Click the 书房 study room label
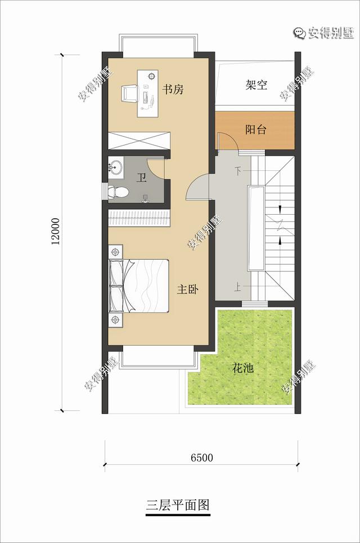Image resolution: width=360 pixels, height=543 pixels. [x=173, y=90]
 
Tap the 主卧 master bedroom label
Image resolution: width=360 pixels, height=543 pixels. [x=188, y=289]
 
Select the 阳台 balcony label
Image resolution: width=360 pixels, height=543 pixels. [x=256, y=129]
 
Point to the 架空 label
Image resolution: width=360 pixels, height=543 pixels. [x=256, y=85]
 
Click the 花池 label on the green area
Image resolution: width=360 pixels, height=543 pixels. [x=243, y=368]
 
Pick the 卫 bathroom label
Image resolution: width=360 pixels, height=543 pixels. [x=141, y=178]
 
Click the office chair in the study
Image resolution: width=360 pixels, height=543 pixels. [x=129, y=93]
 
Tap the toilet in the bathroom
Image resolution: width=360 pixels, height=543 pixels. [x=118, y=191]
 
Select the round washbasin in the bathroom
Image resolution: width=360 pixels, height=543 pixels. [x=116, y=168]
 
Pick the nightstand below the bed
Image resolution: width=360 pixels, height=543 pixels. [x=115, y=320]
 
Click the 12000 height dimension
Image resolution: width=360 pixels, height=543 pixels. [x=56, y=232]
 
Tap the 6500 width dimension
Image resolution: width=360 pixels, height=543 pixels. [x=201, y=458]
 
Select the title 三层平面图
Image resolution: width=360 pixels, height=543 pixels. [x=178, y=505]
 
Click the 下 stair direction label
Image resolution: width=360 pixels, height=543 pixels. [x=238, y=171]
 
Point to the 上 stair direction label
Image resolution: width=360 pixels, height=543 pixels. [x=238, y=287]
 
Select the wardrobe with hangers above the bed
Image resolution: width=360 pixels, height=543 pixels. [x=139, y=218]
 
